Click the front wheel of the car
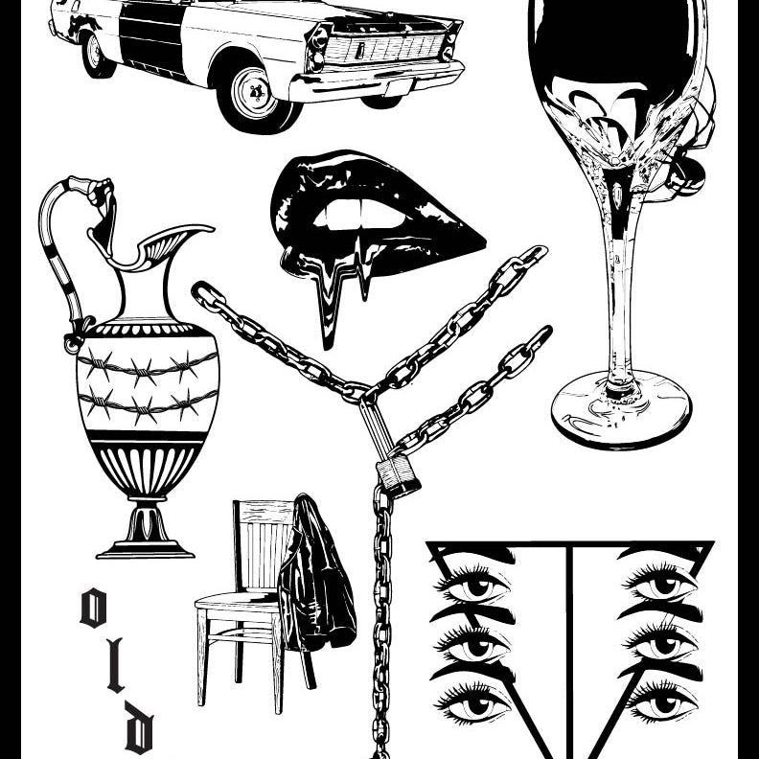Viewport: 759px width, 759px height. click(x=256, y=99)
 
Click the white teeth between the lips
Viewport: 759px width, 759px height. click(x=360, y=216)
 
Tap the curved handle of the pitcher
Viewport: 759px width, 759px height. click(x=68, y=252)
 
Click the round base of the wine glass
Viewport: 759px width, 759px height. click(x=622, y=410)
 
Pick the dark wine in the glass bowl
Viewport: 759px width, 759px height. click(x=614, y=43)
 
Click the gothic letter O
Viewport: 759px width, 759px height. click(x=93, y=608)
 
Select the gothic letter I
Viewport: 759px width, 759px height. click(x=115, y=665)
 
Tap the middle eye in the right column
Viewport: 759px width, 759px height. click(x=661, y=642)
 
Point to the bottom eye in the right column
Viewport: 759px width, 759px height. click(x=661, y=700)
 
